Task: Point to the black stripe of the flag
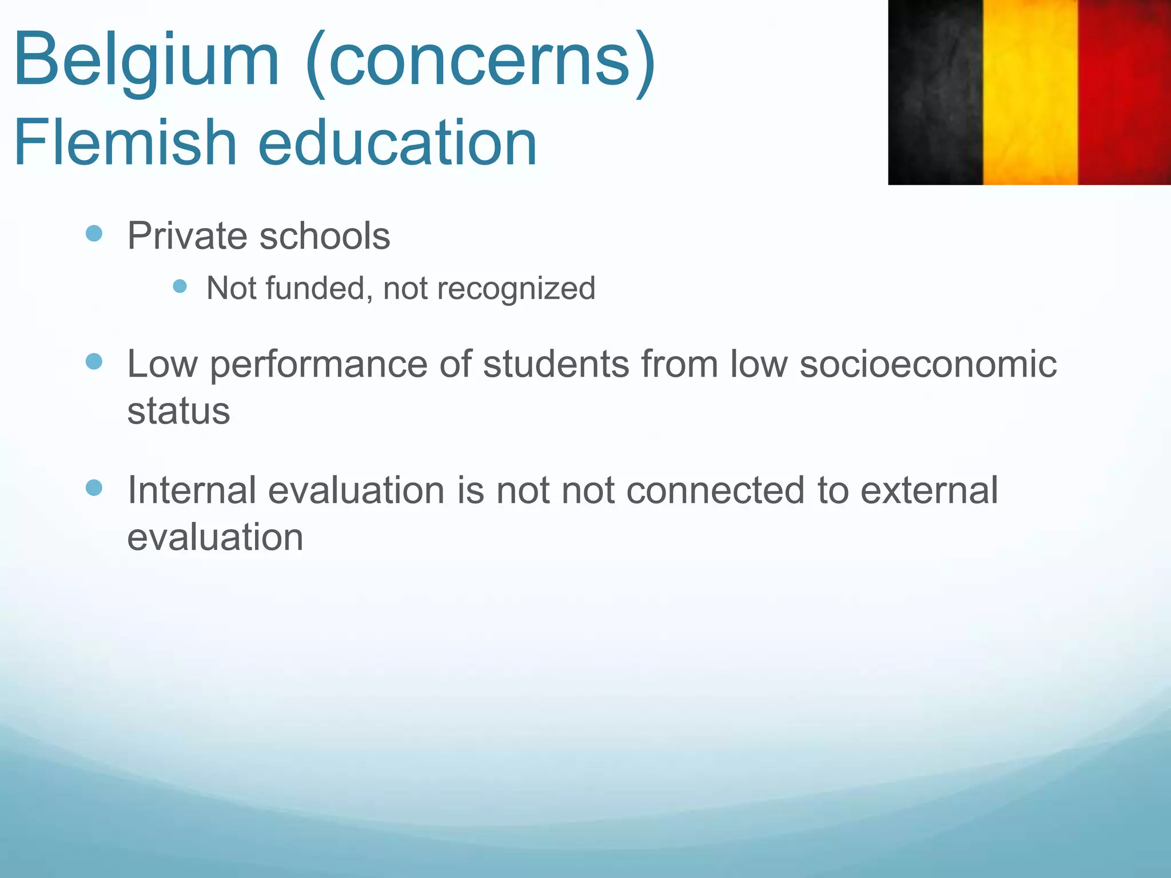point(935,91)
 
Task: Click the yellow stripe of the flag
point(1030,91)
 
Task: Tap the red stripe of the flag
point(1124,91)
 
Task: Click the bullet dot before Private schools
point(94,233)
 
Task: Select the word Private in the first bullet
point(187,236)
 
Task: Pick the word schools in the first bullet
point(325,236)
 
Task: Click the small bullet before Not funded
point(180,286)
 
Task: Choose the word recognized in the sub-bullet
point(516,289)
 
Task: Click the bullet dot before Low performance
point(94,361)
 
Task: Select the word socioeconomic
point(927,364)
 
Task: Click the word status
point(178,410)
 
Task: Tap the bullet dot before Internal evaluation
point(94,488)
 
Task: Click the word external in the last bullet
point(929,490)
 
